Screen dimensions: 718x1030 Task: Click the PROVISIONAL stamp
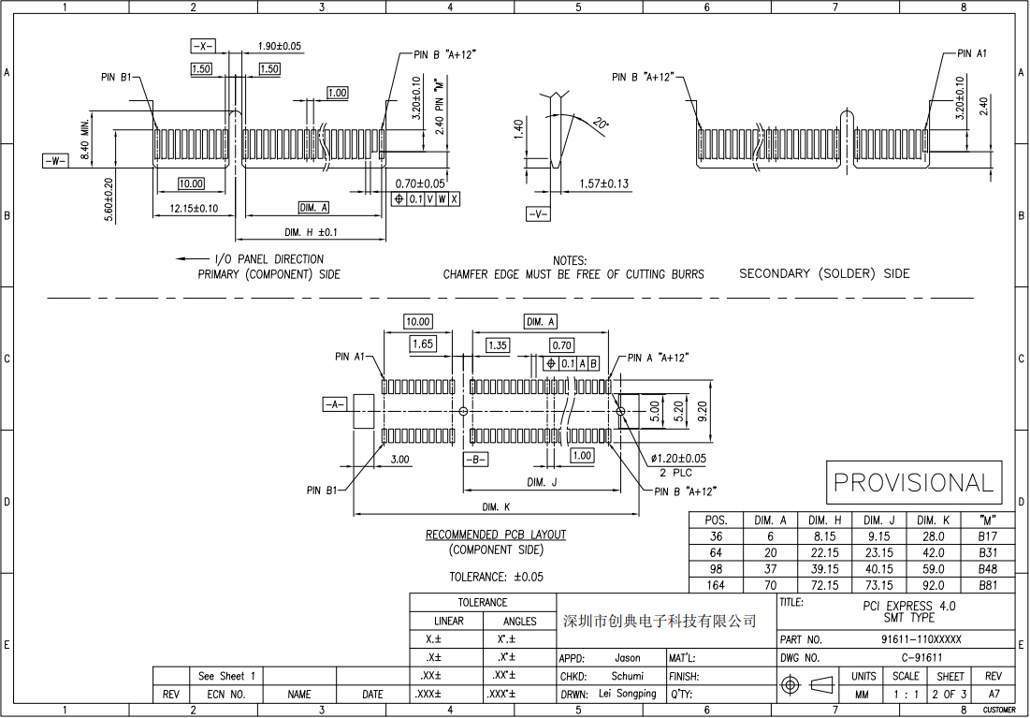913,483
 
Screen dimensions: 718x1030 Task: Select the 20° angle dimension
600,124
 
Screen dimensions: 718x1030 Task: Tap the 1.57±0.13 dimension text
603,183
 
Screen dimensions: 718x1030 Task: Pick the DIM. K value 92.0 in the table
933,585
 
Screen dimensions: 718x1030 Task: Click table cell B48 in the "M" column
987,569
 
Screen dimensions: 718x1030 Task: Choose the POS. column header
716,520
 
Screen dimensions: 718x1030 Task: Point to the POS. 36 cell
716,537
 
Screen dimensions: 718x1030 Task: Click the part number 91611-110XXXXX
921,639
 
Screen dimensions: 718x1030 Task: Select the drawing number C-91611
921,657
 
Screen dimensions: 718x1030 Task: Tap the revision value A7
993,695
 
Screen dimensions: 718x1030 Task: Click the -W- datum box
55,161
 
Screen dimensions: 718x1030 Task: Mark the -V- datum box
538,214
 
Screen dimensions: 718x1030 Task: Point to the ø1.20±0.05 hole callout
678,459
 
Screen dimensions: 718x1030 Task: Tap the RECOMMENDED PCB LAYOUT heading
496,535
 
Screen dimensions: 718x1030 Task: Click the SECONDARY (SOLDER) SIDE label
823,273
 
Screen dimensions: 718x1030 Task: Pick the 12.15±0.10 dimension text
194,208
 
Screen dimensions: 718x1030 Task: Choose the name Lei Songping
622,694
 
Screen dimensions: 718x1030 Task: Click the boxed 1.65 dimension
423,344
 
